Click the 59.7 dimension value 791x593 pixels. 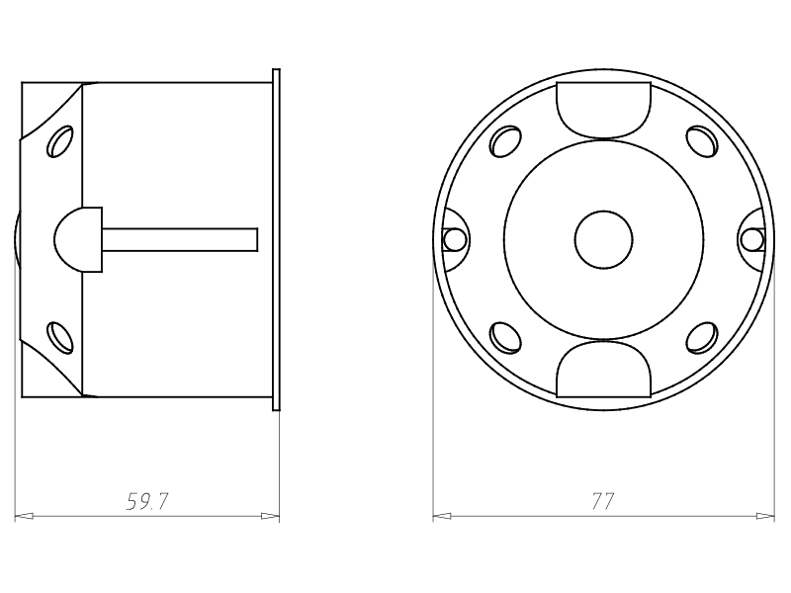point(146,501)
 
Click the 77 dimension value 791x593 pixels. point(603,501)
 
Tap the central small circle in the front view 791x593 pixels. point(603,239)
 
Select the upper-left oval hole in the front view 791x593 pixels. point(505,141)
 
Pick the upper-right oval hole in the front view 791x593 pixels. point(702,141)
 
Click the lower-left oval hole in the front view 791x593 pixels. point(505,337)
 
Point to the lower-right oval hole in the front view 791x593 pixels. point(702,337)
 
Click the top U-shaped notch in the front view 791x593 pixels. point(603,110)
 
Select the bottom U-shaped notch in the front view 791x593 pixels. point(603,369)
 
